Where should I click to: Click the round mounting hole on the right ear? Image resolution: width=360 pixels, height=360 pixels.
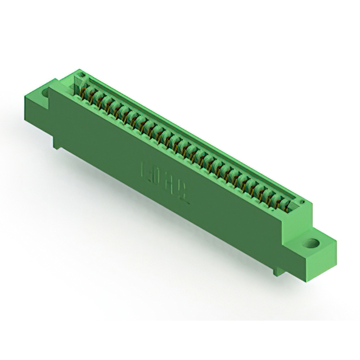[310, 244]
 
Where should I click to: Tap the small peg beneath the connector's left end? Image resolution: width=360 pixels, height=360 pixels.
[57, 145]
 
